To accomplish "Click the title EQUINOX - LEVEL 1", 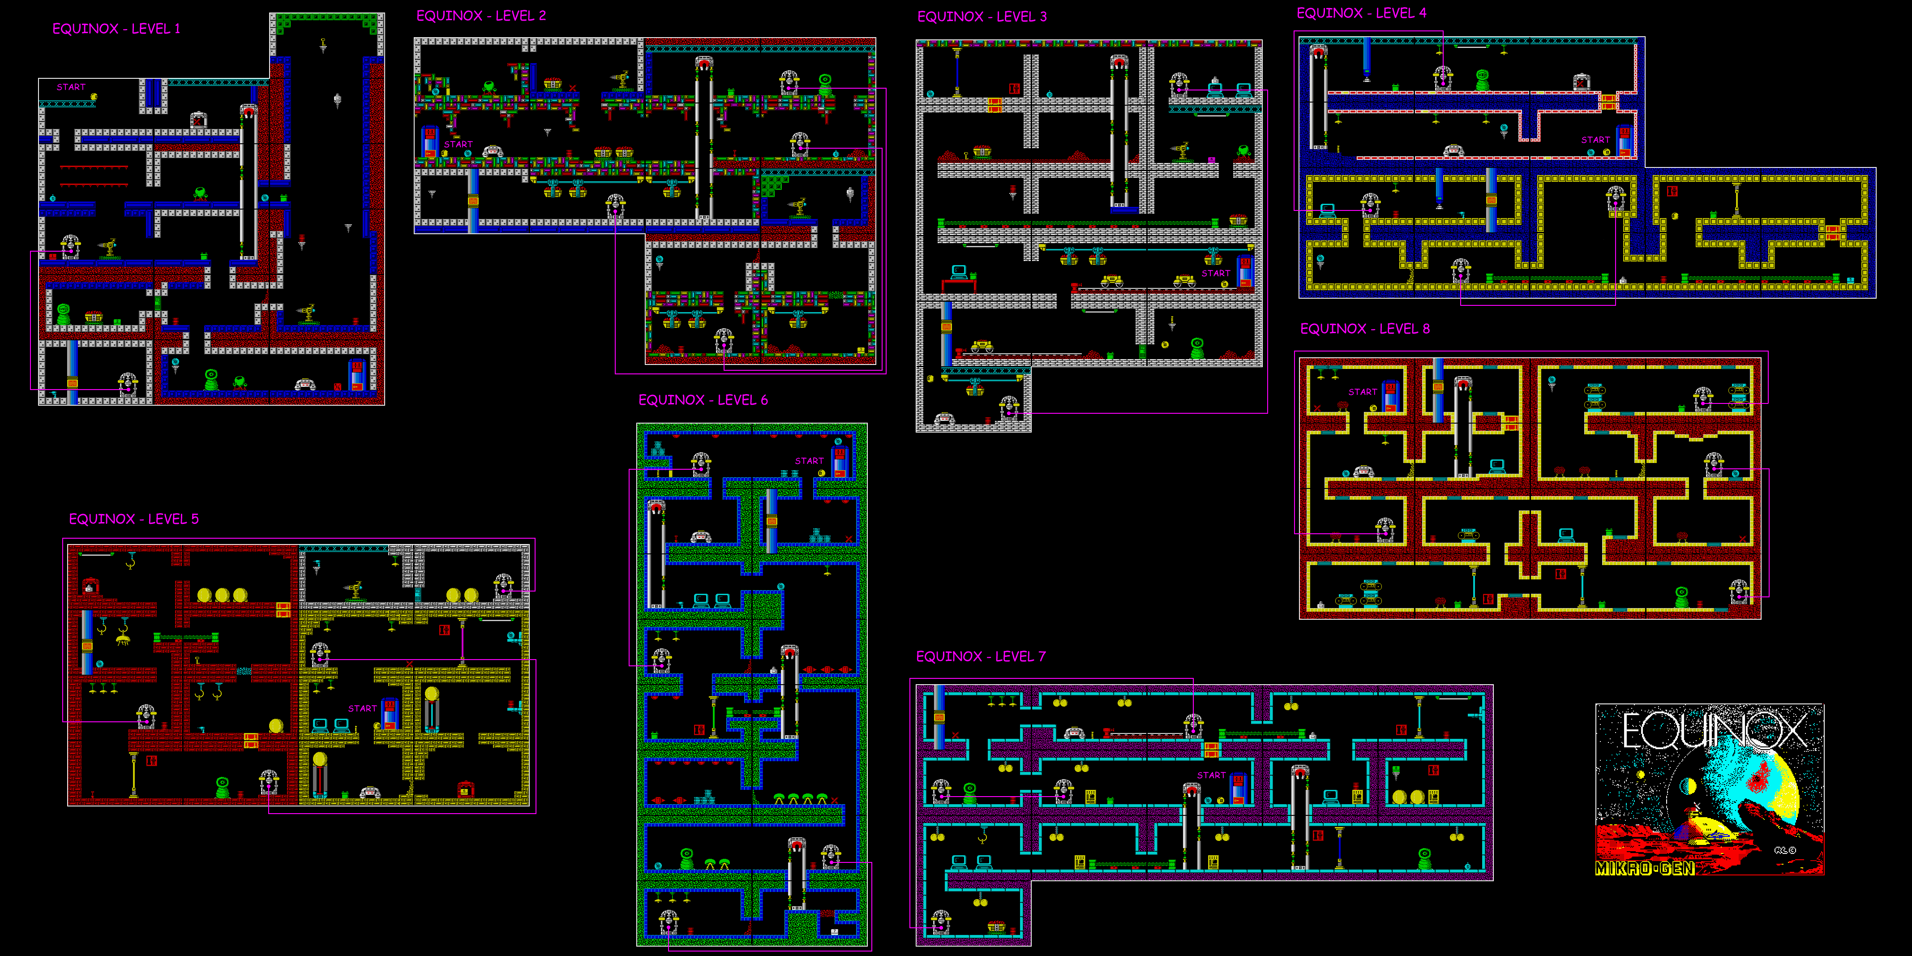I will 116,29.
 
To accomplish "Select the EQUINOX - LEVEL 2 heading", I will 481,16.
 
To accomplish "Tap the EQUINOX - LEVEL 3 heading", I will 982,16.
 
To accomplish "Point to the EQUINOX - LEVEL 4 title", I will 1361,13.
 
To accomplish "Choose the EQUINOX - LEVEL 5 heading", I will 133,519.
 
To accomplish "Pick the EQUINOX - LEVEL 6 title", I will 703,400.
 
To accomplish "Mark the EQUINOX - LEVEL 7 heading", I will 981,656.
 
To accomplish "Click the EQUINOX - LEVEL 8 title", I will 1365,329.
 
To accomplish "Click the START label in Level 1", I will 71,87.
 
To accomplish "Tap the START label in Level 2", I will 459,144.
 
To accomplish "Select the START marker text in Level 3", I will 1216,273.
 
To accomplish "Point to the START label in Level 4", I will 1595,140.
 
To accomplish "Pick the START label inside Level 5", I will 362,708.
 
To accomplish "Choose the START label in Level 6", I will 809,461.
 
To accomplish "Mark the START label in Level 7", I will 1211,775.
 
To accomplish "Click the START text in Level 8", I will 1363,392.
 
